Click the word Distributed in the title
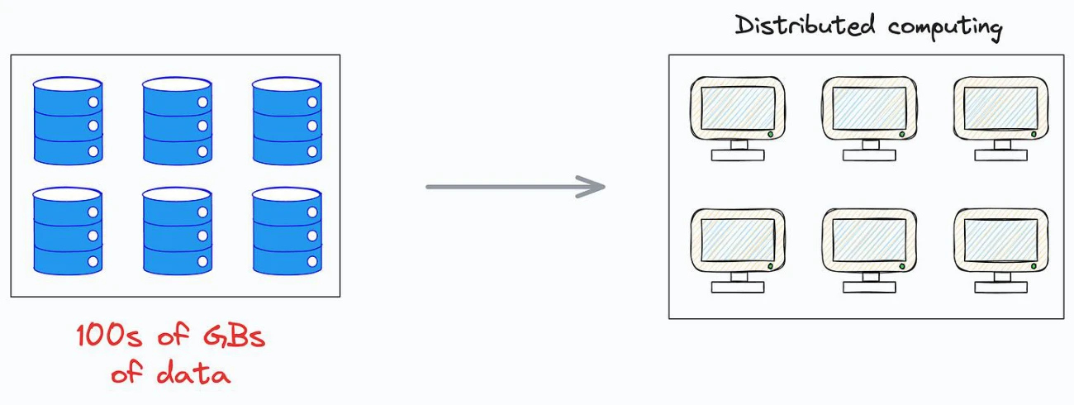[x=805, y=26]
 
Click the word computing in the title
[x=944, y=28]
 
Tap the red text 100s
[x=109, y=335]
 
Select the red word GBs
[x=235, y=335]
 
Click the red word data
[x=193, y=374]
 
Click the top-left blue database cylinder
[x=68, y=121]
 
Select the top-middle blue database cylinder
[x=177, y=121]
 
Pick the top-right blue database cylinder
[x=287, y=121]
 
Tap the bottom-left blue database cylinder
[x=68, y=231]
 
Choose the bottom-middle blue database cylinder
[x=177, y=231]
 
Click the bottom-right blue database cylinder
[x=287, y=231]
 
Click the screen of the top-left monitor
[x=738, y=108]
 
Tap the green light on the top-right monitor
[x=1034, y=134]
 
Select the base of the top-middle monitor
[x=869, y=155]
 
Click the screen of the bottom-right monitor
[x=1001, y=240]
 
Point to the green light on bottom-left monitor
[x=771, y=266]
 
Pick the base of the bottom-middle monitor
[x=869, y=287]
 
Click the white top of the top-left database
[x=68, y=84]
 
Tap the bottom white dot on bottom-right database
[x=312, y=261]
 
